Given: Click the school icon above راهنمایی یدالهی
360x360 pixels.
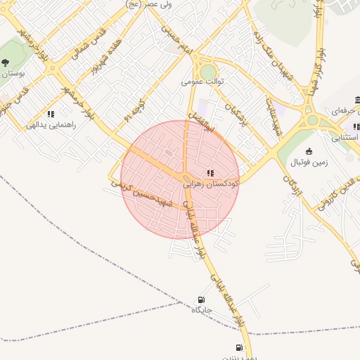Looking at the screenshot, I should tap(50, 114).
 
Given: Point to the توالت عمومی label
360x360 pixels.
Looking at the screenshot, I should tap(202, 82).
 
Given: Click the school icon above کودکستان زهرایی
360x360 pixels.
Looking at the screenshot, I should tap(210, 172).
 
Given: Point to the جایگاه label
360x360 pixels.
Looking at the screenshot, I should tap(202, 309).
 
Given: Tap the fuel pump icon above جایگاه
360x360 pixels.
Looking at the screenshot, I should tap(202, 299).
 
